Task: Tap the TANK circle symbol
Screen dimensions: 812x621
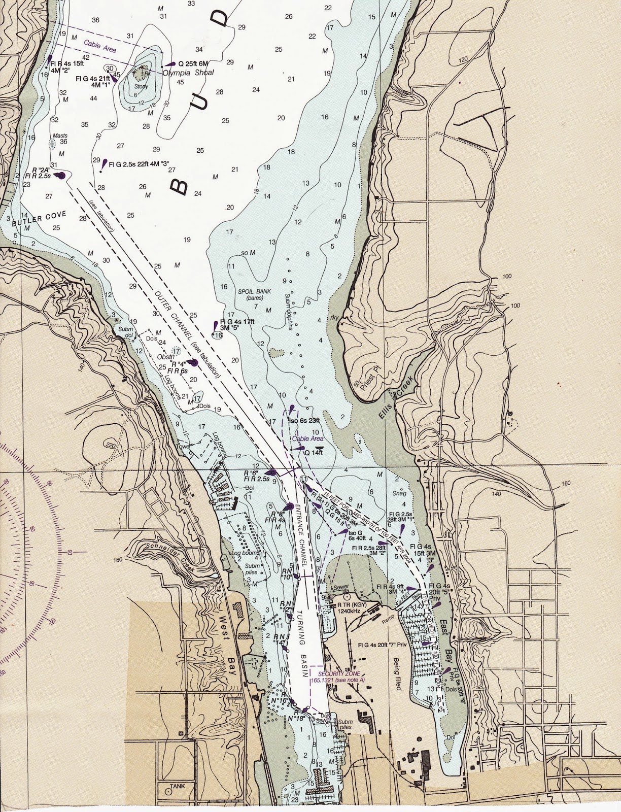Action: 168,791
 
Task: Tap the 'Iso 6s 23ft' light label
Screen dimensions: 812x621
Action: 304,421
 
